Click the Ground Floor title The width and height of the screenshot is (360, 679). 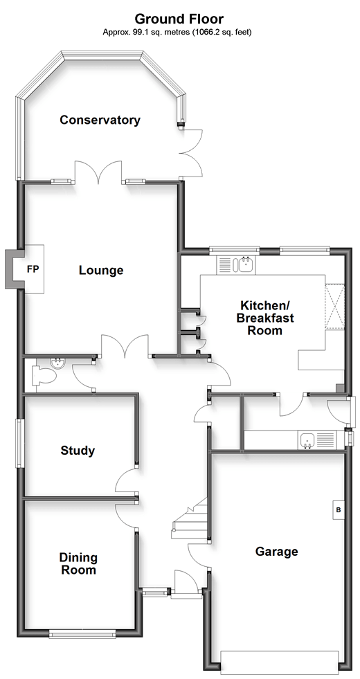[x=179, y=19]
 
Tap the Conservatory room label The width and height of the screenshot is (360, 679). [x=100, y=120]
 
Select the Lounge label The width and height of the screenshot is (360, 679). [x=101, y=270]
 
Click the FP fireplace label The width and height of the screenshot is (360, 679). [x=33, y=269]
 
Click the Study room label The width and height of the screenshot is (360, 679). [x=78, y=451]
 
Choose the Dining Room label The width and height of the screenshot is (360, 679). [x=78, y=563]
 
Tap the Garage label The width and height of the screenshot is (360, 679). [x=276, y=551]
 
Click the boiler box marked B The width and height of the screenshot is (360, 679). [x=339, y=510]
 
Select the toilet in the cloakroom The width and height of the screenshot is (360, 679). [x=44, y=375]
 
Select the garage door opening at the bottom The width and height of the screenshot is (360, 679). [x=279, y=662]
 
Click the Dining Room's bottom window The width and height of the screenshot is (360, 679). [x=82, y=635]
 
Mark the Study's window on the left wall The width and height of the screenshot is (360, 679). [x=20, y=443]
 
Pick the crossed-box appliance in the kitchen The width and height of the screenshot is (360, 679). [x=335, y=306]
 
